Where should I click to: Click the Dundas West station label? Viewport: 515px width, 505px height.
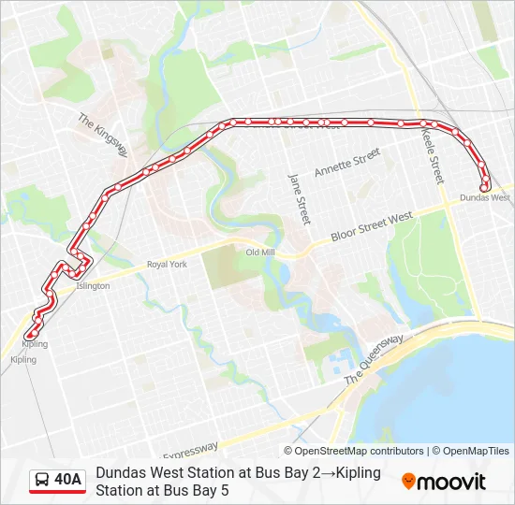[x=485, y=198]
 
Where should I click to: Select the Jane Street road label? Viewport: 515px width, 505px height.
[x=298, y=197]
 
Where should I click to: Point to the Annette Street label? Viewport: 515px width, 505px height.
[x=347, y=163]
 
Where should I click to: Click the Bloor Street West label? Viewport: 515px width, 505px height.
[x=373, y=228]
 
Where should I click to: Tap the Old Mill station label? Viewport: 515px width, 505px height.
[x=259, y=252]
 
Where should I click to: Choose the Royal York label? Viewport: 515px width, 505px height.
[x=167, y=265]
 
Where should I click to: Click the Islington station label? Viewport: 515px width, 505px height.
[x=93, y=286]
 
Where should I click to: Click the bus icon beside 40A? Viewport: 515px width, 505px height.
[x=42, y=481]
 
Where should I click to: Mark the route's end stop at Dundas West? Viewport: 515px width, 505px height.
[x=484, y=187]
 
